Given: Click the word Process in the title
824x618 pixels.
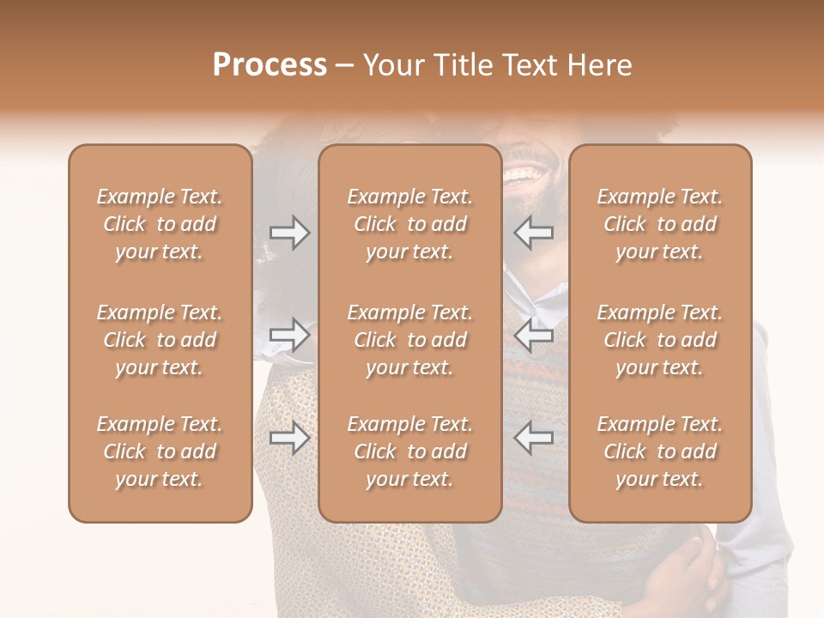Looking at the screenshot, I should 270,65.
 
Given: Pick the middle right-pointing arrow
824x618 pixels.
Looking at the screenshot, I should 289,335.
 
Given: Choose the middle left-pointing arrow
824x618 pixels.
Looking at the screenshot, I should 533,335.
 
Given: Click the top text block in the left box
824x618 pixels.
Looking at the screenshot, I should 160,224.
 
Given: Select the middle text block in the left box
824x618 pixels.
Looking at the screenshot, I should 160,340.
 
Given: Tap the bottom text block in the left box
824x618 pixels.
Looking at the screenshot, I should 160,451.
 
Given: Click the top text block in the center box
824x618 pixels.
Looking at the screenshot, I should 410,224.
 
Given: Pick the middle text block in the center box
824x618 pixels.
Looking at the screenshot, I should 410,340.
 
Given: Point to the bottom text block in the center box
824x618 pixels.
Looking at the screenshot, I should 410,451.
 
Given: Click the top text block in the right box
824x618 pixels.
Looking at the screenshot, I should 660,224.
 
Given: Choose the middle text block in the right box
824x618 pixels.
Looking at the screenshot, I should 660,340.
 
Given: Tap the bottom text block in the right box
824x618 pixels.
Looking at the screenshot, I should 660,451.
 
